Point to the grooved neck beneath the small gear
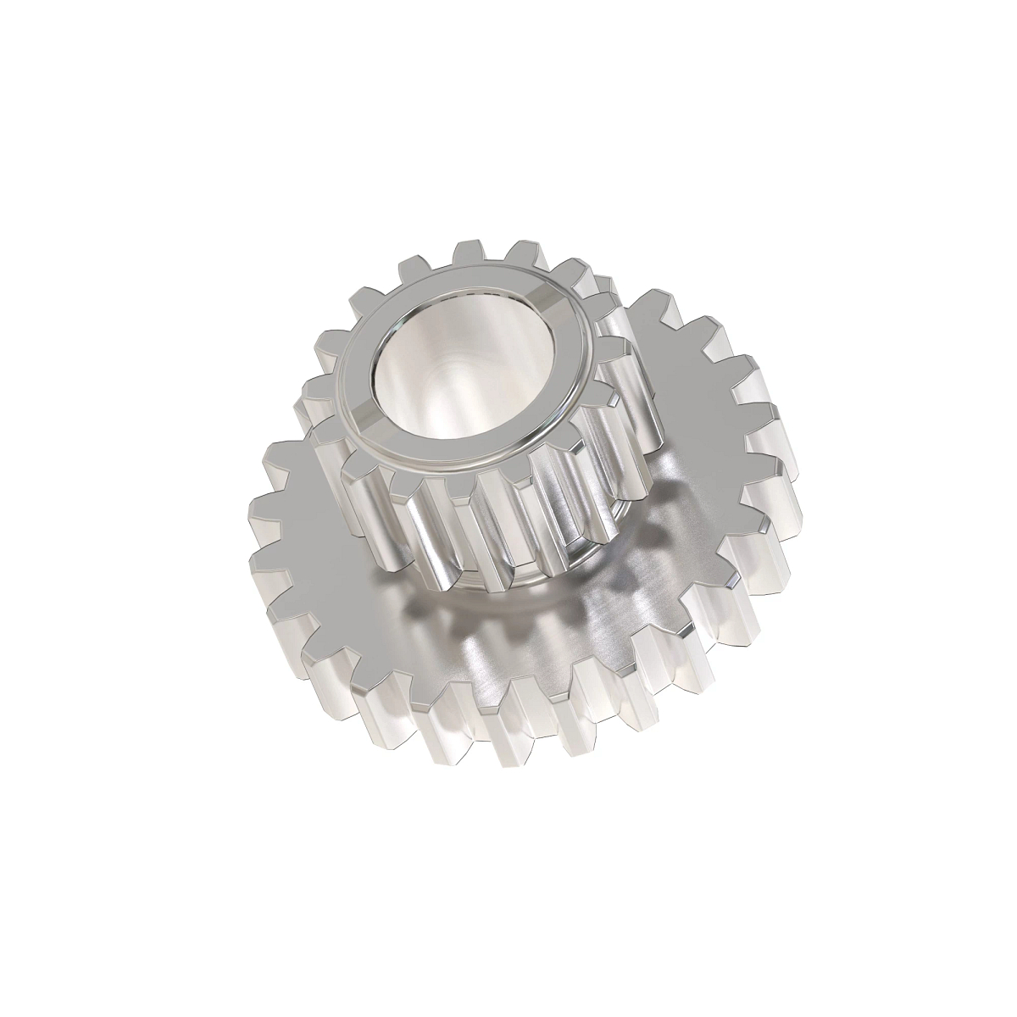500,585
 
